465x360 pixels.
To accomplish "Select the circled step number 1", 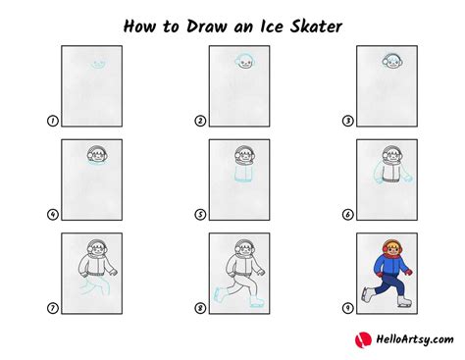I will (53, 122).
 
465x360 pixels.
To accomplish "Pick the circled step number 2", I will (199, 122).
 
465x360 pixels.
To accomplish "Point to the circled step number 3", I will (346, 122).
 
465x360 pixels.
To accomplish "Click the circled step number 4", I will (53, 215).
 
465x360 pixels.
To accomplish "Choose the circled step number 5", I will (199, 215).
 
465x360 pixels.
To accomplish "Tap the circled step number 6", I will (346, 215).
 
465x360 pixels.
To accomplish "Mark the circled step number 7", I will (53, 308).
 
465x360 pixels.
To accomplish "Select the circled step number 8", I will (199, 308).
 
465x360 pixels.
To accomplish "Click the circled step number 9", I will (346, 308).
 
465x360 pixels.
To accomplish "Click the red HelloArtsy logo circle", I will (361, 340).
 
